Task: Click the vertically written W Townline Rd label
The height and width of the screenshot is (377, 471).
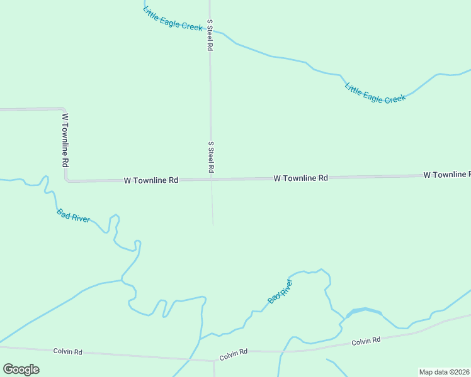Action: pos(65,139)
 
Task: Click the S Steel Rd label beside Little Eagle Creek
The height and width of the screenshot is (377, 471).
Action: pos(210,35)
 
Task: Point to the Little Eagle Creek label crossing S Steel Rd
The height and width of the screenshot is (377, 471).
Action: pos(173,18)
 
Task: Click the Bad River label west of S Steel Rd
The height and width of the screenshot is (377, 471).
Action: pos(73,215)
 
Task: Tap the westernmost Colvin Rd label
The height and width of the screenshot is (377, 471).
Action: pos(68,352)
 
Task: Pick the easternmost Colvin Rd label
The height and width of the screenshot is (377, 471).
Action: pos(366,341)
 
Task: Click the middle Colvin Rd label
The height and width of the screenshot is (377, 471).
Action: pos(234,356)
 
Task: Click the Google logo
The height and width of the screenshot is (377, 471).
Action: pos(21,369)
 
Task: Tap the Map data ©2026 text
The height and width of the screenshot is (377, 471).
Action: pos(445,371)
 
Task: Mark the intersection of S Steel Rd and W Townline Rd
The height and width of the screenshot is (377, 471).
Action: pos(212,179)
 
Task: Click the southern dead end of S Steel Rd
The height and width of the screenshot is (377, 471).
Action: pos(213,225)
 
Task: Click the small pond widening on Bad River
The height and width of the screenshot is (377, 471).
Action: pos(364,312)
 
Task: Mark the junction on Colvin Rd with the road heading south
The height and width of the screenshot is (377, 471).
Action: pos(213,361)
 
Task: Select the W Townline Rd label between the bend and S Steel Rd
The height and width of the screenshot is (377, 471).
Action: pos(151,180)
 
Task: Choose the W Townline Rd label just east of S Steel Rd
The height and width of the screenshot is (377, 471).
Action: pos(300,178)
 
